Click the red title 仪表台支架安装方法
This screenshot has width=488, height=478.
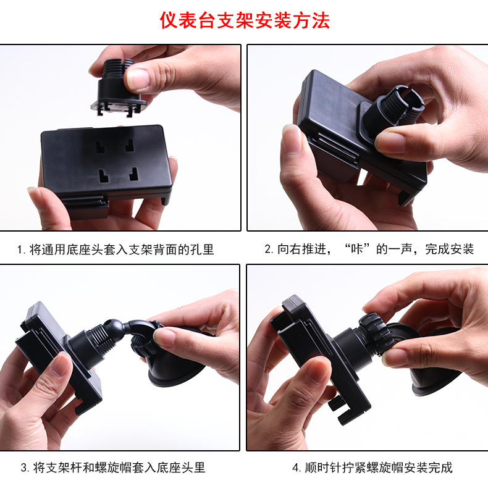click(x=245, y=20)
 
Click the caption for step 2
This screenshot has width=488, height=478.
click(x=369, y=250)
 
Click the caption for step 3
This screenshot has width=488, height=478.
click(x=113, y=467)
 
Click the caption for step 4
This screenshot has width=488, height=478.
click(x=372, y=467)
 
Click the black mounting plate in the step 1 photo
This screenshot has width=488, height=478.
click(x=105, y=164)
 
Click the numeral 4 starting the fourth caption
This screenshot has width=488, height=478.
click(x=295, y=467)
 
